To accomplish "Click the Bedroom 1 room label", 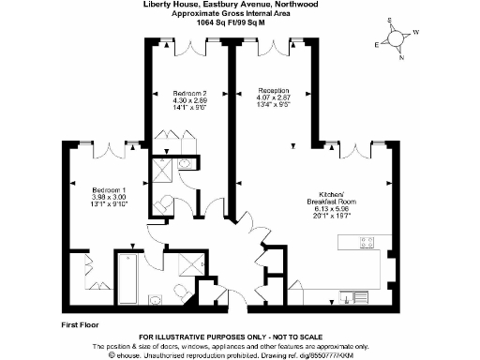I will coord(96,188).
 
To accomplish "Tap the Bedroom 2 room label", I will coord(189,94).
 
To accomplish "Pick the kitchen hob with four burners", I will coord(367,243).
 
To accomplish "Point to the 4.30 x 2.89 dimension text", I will coord(189,101).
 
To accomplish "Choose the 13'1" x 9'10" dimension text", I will coord(96,203).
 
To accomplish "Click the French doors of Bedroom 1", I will coord(115,147).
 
